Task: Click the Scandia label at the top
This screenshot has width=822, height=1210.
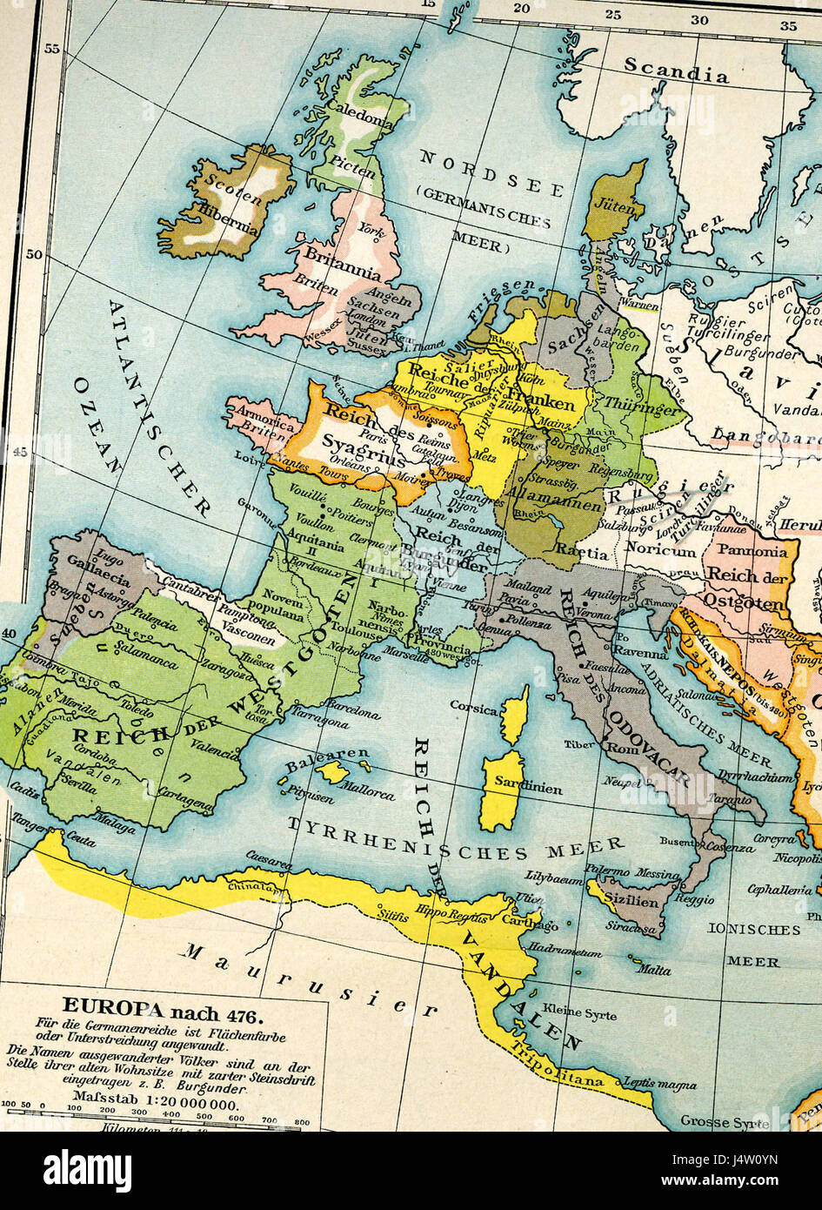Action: click(676, 70)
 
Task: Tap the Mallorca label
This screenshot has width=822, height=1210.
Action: click(364, 790)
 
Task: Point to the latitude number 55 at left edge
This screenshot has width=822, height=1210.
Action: click(52, 50)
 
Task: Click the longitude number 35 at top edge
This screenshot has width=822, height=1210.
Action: click(788, 24)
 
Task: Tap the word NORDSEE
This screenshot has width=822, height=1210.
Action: click(491, 173)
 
